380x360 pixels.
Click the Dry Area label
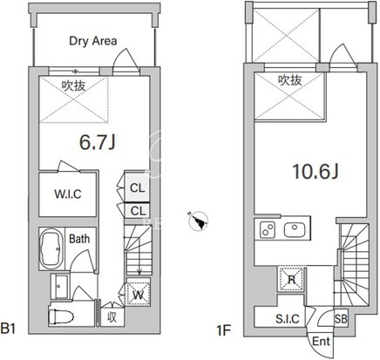(93, 41)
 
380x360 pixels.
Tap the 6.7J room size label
(98, 142)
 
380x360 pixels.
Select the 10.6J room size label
(316, 172)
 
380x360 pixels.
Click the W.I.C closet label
(68, 194)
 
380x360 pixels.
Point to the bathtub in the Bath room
(51, 249)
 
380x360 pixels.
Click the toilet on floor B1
(61, 316)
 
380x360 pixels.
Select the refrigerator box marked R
(291, 279)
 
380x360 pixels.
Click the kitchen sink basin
(295, 230)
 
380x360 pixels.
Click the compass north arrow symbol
(198, 221)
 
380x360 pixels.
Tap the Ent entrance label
(321, 342)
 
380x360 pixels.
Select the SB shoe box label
(341, 319)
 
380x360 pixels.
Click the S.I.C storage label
(288, 319)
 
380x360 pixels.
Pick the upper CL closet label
(138, 188)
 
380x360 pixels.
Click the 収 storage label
(112, 317)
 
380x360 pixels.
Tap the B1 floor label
(8, 329)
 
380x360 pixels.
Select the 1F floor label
(223, 330)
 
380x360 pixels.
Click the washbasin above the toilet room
(59, 286)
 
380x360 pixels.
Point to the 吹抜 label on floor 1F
(290, 80)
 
